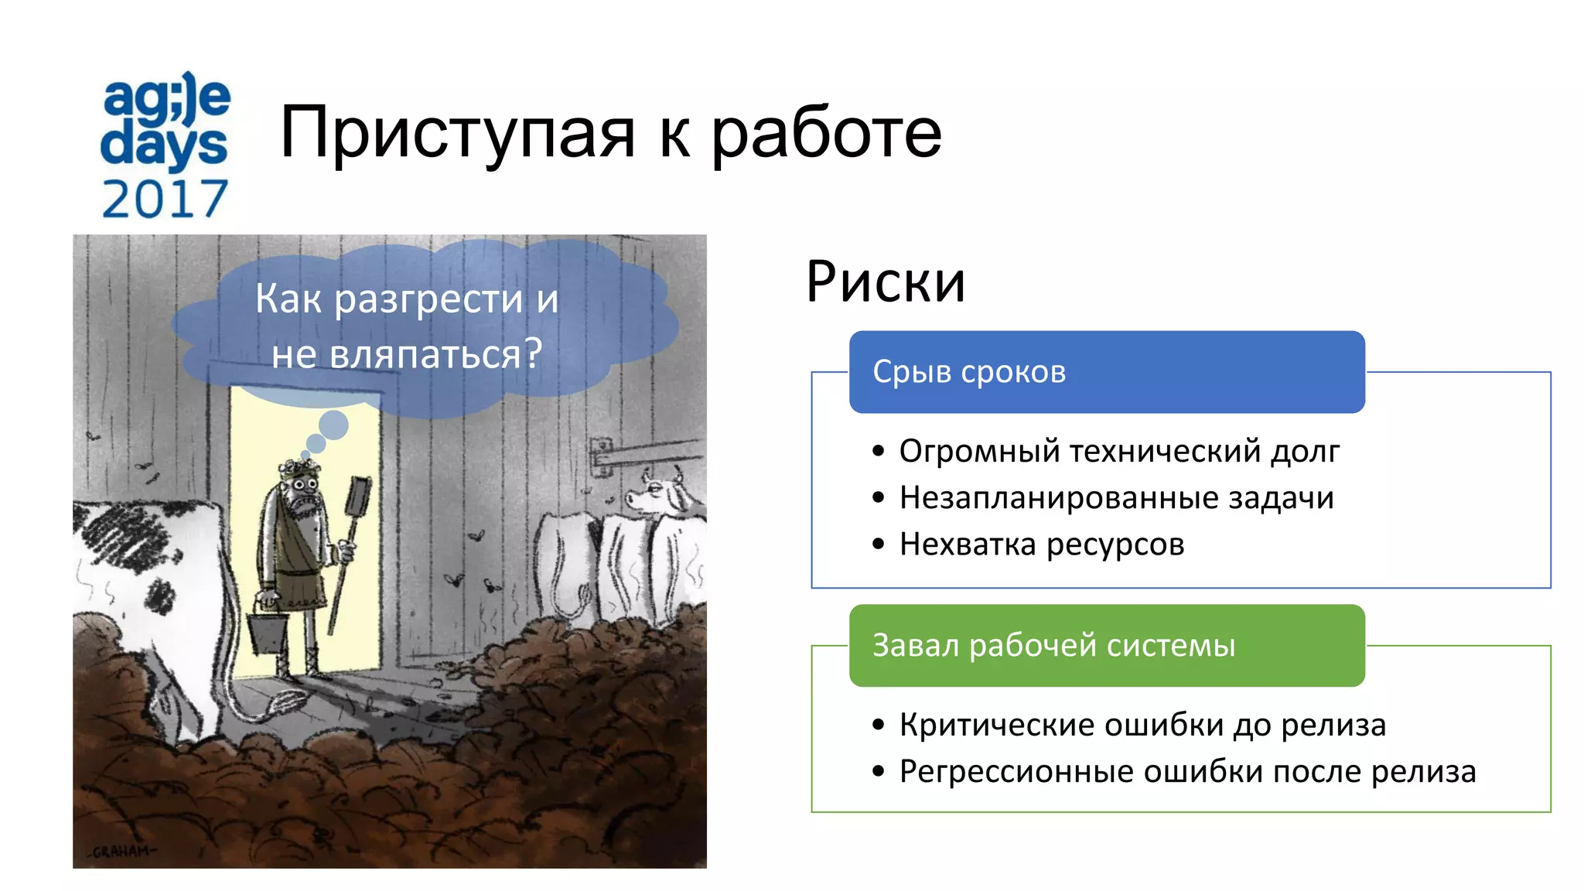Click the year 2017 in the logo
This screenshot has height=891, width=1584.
165,199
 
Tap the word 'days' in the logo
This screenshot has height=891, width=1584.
164,145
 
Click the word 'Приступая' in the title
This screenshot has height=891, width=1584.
457,133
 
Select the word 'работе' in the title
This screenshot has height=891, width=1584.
826,133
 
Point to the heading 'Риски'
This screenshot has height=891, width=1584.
886,282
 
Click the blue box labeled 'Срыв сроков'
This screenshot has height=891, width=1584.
1106,372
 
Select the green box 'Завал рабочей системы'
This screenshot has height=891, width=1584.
1106,645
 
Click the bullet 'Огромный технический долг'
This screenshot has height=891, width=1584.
1118,451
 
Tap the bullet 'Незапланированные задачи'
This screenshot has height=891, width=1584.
1116,497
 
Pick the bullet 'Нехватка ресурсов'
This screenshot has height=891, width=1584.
1041,544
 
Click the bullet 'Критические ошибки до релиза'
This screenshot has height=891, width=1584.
1142,725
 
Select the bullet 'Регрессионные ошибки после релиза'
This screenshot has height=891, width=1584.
1187,771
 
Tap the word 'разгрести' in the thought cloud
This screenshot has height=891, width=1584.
428,299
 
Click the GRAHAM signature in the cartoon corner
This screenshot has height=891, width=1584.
122,852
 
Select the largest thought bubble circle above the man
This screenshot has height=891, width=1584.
333,425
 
